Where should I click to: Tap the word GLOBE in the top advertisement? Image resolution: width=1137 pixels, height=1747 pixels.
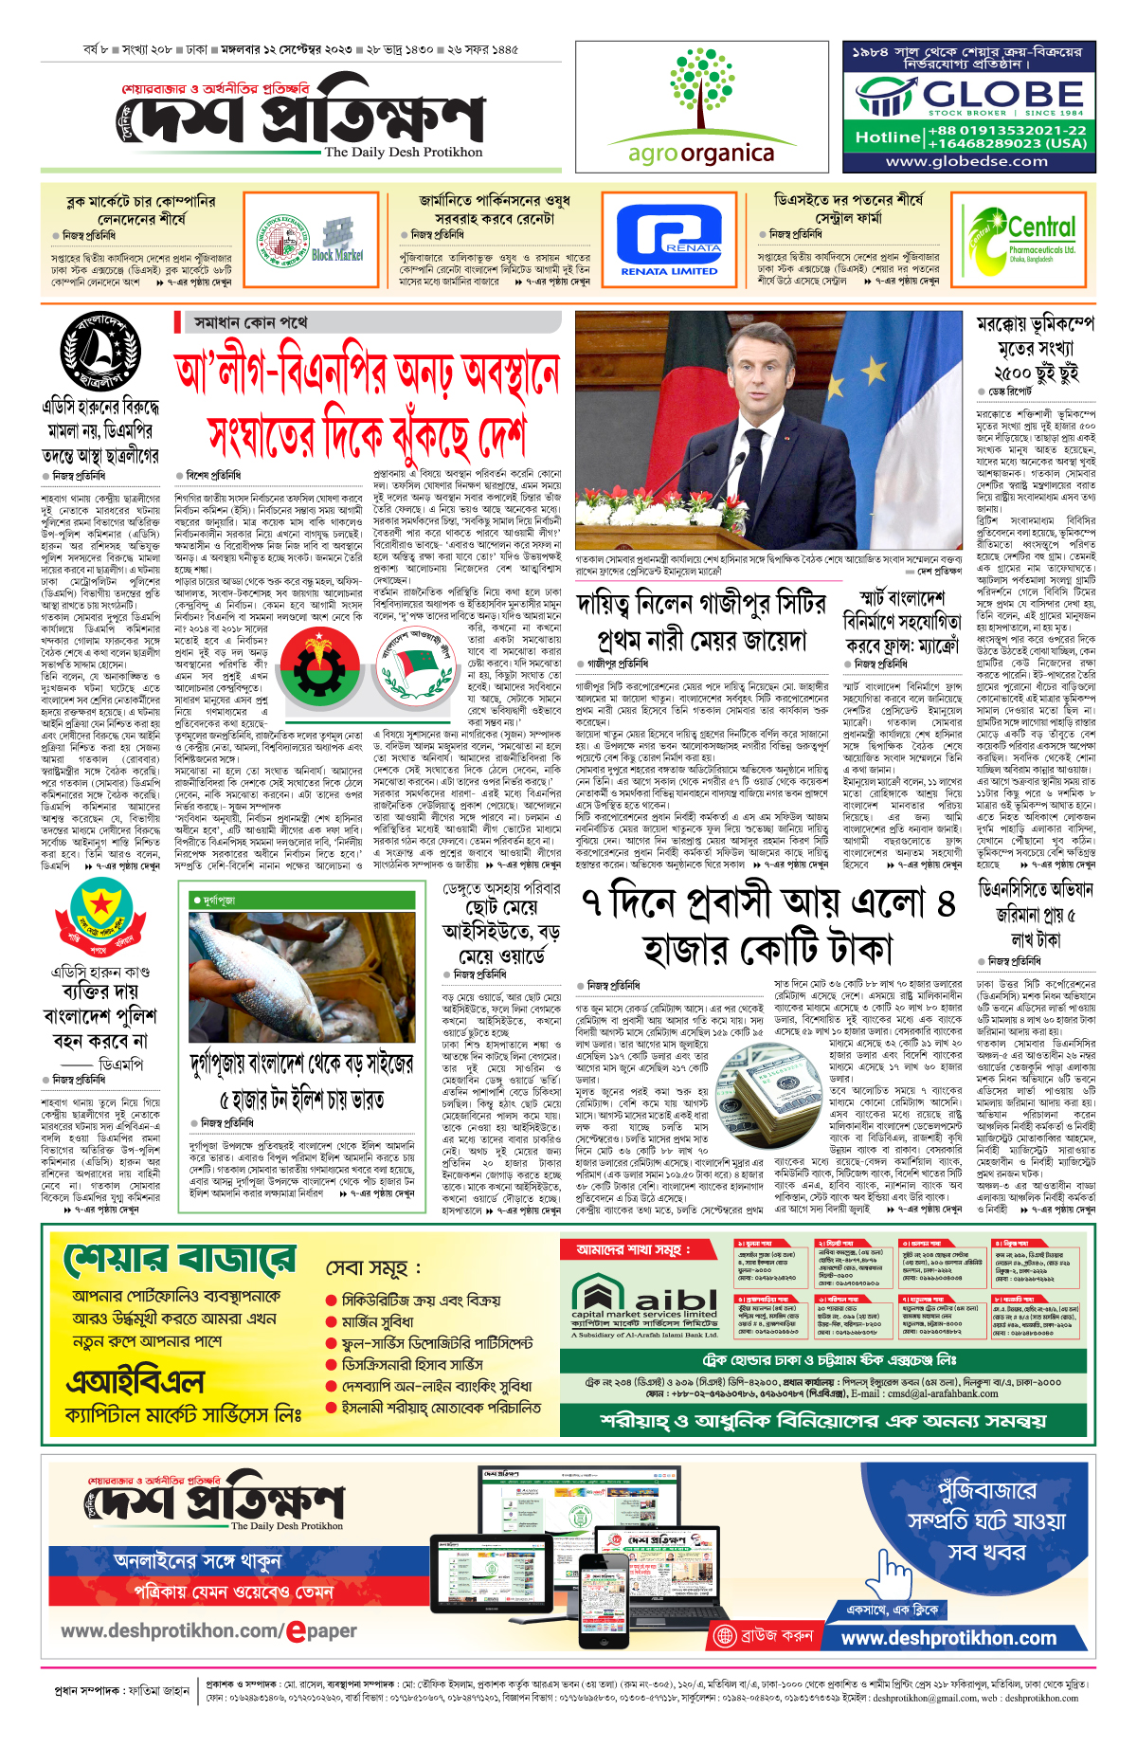click(x=1003, y=94)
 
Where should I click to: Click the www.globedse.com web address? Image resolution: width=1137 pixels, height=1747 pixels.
click(x=966, y=161)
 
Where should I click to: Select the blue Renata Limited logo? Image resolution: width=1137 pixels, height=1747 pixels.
click(x=669, y=243)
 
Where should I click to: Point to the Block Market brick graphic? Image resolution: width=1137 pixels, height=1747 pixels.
click(x=337, y=238)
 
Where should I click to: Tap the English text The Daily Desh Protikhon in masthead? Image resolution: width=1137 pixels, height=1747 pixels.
click(x=404, y=152)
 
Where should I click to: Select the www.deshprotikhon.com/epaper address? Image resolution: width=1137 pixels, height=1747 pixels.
click(x=208, y=1631)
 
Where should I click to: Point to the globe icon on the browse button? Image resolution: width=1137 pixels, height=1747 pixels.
click(x=726, y=1635)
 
